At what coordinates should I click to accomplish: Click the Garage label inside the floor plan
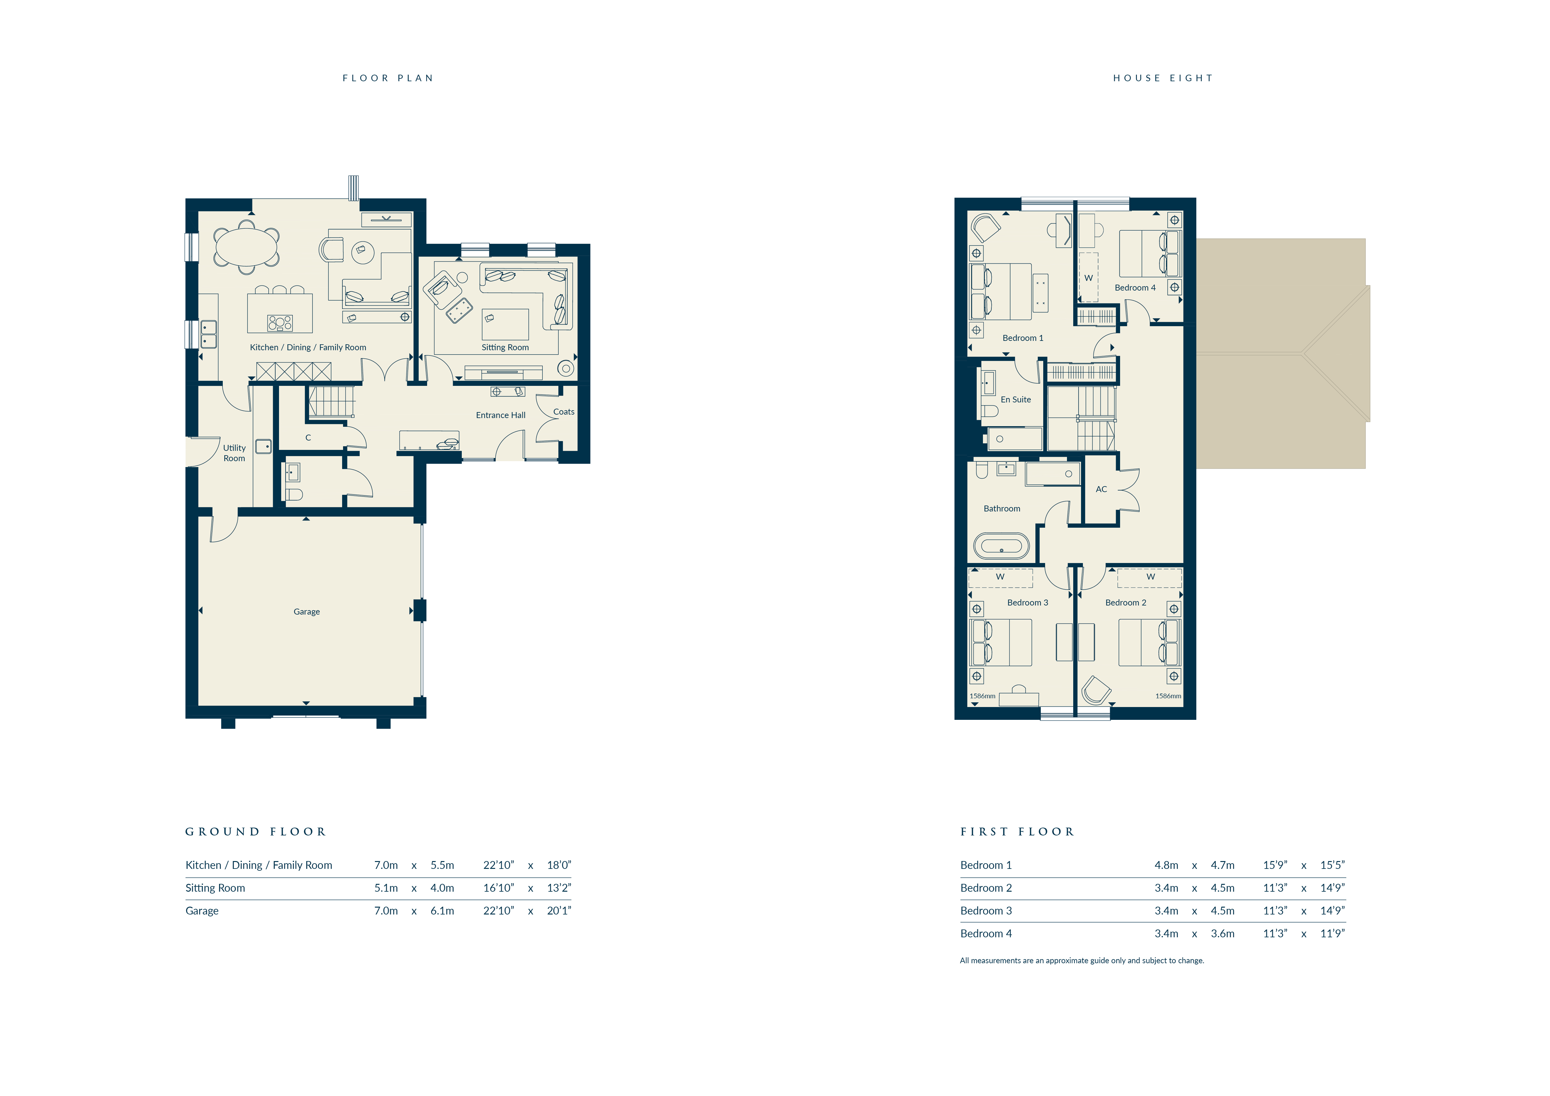tap(307, 611)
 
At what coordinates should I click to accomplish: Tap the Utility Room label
tap(234, 453)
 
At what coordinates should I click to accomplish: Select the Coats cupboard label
tap(564, 412)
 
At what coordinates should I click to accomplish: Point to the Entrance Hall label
tap(500, 415)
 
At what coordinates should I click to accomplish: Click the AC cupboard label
tap(1101, 489)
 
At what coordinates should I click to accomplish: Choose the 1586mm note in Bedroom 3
tap(982, 696)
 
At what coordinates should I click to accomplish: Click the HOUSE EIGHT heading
tap(1163, 78)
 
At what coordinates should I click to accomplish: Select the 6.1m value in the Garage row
tap(442, 910)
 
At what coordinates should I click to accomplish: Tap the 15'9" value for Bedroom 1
tap(1275, 865)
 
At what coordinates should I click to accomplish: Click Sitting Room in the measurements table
tap(215, 888)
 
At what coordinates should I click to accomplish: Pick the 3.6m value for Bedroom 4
tap(1223, 933)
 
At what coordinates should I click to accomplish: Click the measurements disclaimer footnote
tap(1081, 960)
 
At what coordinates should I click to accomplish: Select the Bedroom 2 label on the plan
tap(1125, 603)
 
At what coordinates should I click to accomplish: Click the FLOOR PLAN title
tap(387, 78)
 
